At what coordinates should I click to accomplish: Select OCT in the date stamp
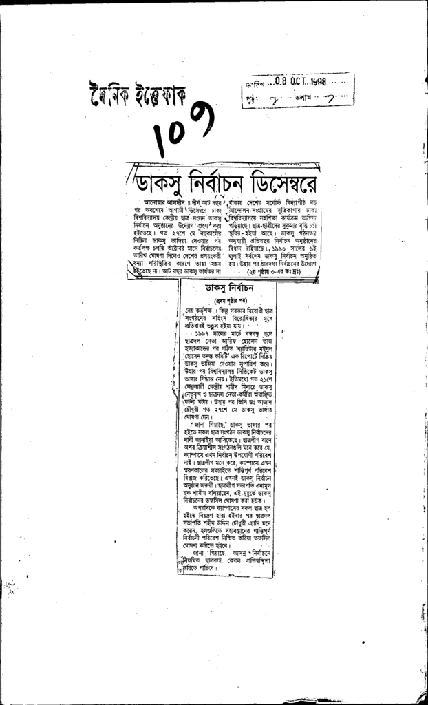[x=295, y=81]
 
